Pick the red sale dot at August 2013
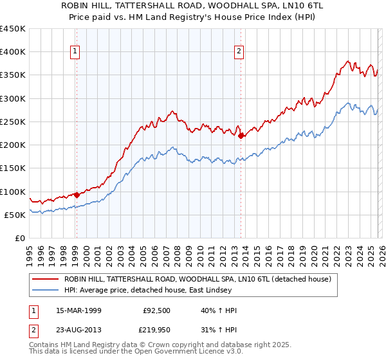pyautogui.click(x=241, y=136)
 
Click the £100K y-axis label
pyautogui.click(x=13, y=192)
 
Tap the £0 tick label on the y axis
pyautogui.click(x=19, y=238)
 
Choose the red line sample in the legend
pyautogui.click(x=46, y=279)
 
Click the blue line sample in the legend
pyautogui.click(x=46, y=291)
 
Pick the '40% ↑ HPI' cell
pyautogui.click(x=219, y=310)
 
